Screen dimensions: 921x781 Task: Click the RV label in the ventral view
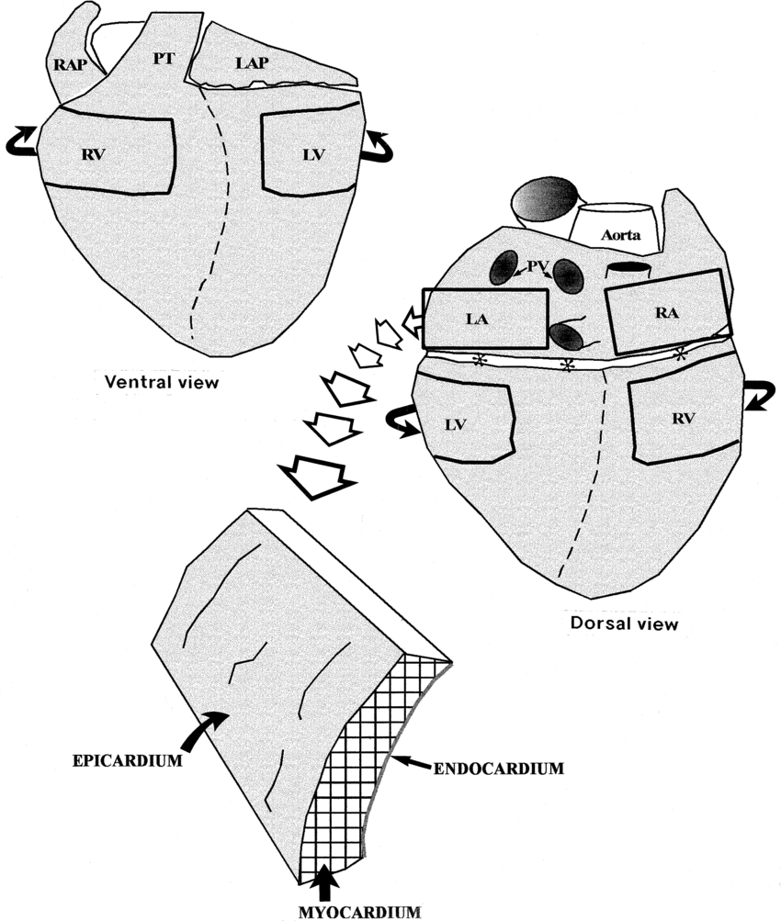[94, 154]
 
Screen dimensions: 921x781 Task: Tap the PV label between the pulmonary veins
[538, 266]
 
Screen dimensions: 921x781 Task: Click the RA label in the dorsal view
[666, 313]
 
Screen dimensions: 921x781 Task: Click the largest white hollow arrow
[316, 473]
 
